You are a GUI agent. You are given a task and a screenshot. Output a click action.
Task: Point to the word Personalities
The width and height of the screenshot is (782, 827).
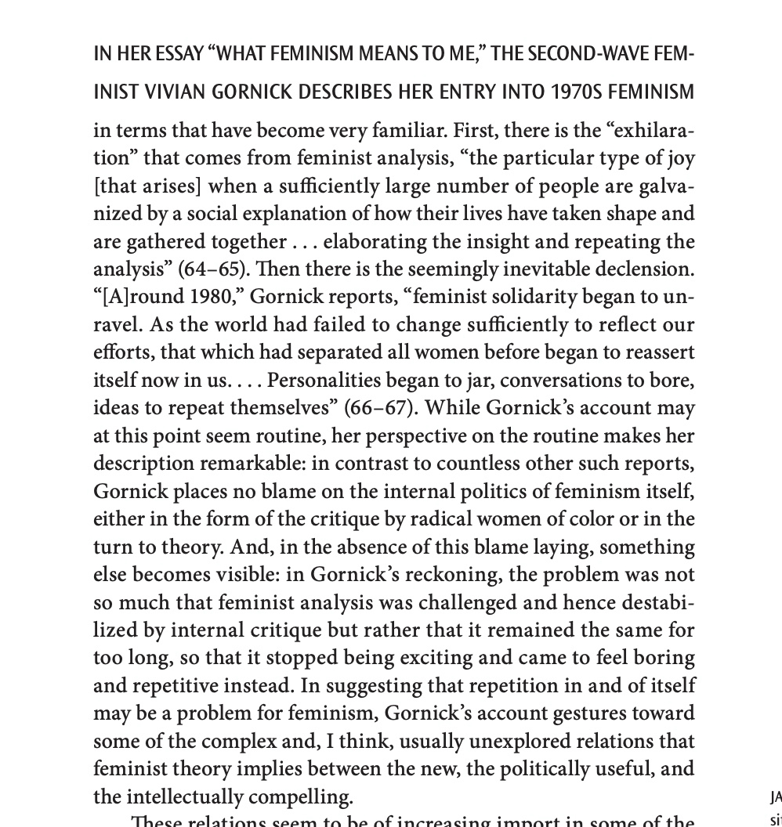pyautogui.click(x=323, y=381)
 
